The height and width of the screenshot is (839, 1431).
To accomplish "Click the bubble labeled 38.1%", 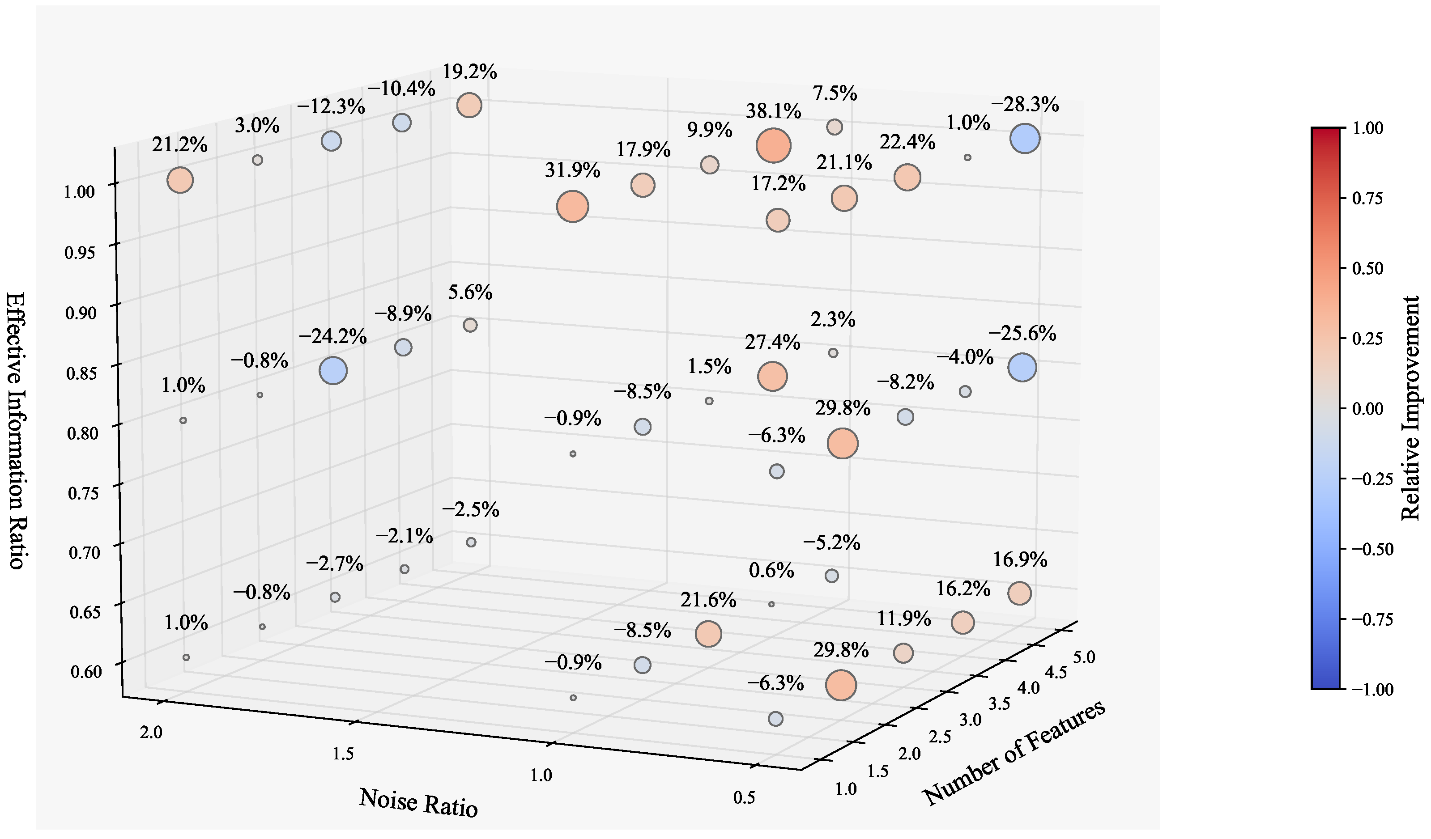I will coord(773,145).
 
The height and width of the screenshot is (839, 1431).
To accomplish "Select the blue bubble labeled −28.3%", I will coord(1025,139).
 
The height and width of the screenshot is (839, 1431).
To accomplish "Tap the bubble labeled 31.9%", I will coord(572,207).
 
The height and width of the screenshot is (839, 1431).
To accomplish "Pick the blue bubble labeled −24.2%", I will coord(333,371).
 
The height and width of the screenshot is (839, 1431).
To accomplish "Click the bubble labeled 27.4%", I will coord(772,377).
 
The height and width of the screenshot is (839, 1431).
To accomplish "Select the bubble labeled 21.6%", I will coord(708,634).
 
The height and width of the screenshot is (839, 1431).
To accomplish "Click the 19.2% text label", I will coord(470,72).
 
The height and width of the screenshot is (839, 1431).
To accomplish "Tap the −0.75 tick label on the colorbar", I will coord(1373,619).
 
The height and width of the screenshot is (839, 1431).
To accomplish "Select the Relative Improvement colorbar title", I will coord(1410,407).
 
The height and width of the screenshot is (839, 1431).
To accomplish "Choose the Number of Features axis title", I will coord(1014,752).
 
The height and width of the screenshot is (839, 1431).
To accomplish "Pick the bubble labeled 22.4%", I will coord(907,178).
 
